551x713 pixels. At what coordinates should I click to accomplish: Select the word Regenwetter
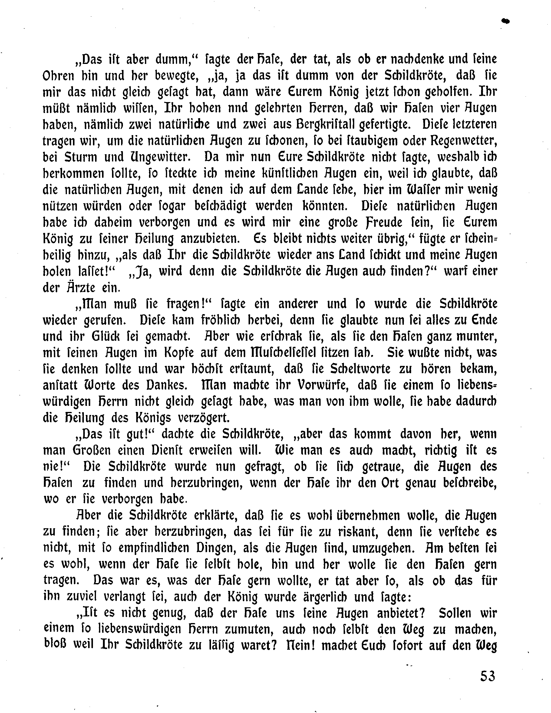click(463, 141)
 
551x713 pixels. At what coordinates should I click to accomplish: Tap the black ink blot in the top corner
click(505, 21)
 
